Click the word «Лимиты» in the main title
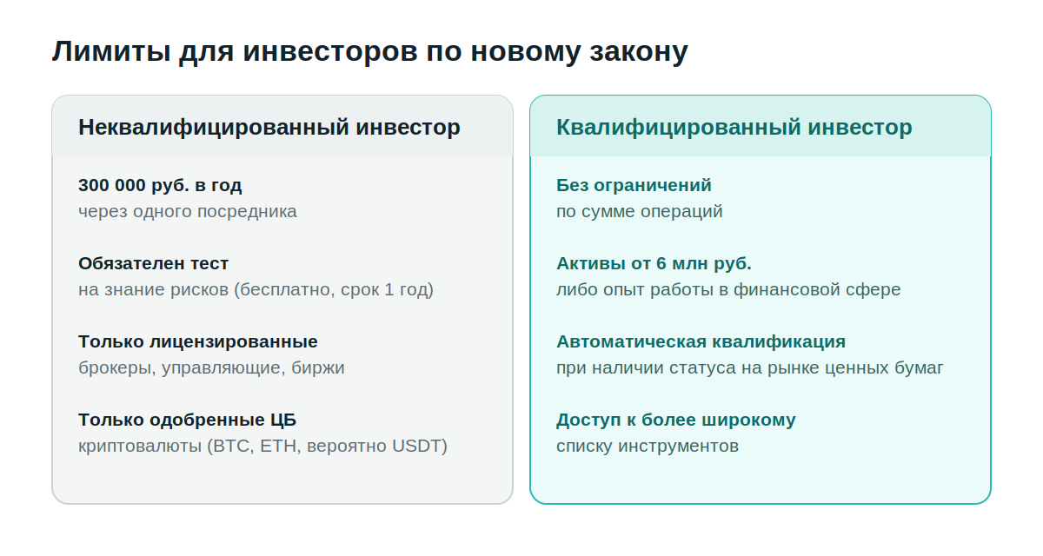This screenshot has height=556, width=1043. coord(111,50)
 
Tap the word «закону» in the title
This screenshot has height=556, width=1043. coord(639,52)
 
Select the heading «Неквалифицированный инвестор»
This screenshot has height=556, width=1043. coord(269,128)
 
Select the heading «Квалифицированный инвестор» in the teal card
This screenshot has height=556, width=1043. coord(734,128)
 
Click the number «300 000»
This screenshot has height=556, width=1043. coord(112,185)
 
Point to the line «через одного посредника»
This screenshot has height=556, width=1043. coord(187,212)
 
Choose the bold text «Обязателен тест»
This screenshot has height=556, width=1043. coord(153,263)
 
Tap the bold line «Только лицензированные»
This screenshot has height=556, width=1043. coord(198,342)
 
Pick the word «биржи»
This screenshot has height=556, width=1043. coord(318,368)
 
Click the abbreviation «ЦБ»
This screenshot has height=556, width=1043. coord(283,420)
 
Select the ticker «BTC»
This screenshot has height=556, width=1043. coord(233,447)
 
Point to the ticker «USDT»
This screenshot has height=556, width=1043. coord(416,447)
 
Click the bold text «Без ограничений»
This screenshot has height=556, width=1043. coord(634,185)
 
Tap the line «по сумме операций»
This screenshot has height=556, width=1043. coord(640,212)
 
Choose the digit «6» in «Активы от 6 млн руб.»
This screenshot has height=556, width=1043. coord(661,264)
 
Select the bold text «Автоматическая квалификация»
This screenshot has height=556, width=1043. coord(701,342)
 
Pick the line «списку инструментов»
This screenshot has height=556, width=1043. coord(648,447)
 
